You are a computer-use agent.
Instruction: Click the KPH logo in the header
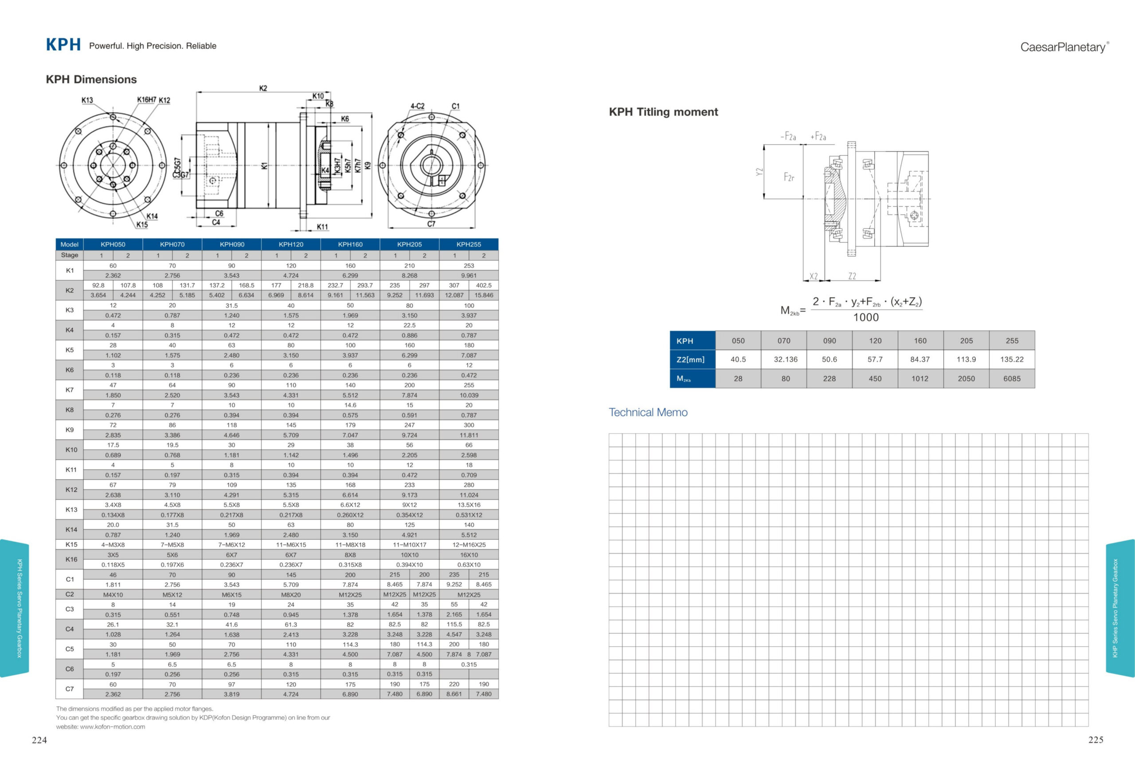point(63,45)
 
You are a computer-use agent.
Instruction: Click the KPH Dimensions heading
point(91,80)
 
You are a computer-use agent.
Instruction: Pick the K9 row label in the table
point(69,430)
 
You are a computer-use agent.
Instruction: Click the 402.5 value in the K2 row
point(484,285)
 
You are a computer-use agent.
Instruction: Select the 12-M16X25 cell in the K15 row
point(468,544)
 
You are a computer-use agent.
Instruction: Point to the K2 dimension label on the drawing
point(263,88)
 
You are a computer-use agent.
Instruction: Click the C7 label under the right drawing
point(431,224)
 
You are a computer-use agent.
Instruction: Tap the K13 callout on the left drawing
point(87,100)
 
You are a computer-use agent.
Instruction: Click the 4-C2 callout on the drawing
point(417,106)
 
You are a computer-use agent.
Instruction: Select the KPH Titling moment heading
point(663,112)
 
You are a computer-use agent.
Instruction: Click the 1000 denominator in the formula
point(866,317)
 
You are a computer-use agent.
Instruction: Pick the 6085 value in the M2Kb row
point(1011,379)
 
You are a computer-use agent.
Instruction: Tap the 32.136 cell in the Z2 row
point(785,360)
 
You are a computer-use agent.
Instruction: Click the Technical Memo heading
point(648,412)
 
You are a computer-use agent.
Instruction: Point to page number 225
point(1096,740)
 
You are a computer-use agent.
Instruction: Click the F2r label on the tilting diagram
point(789,177)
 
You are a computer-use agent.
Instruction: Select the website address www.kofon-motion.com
point(112,727)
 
